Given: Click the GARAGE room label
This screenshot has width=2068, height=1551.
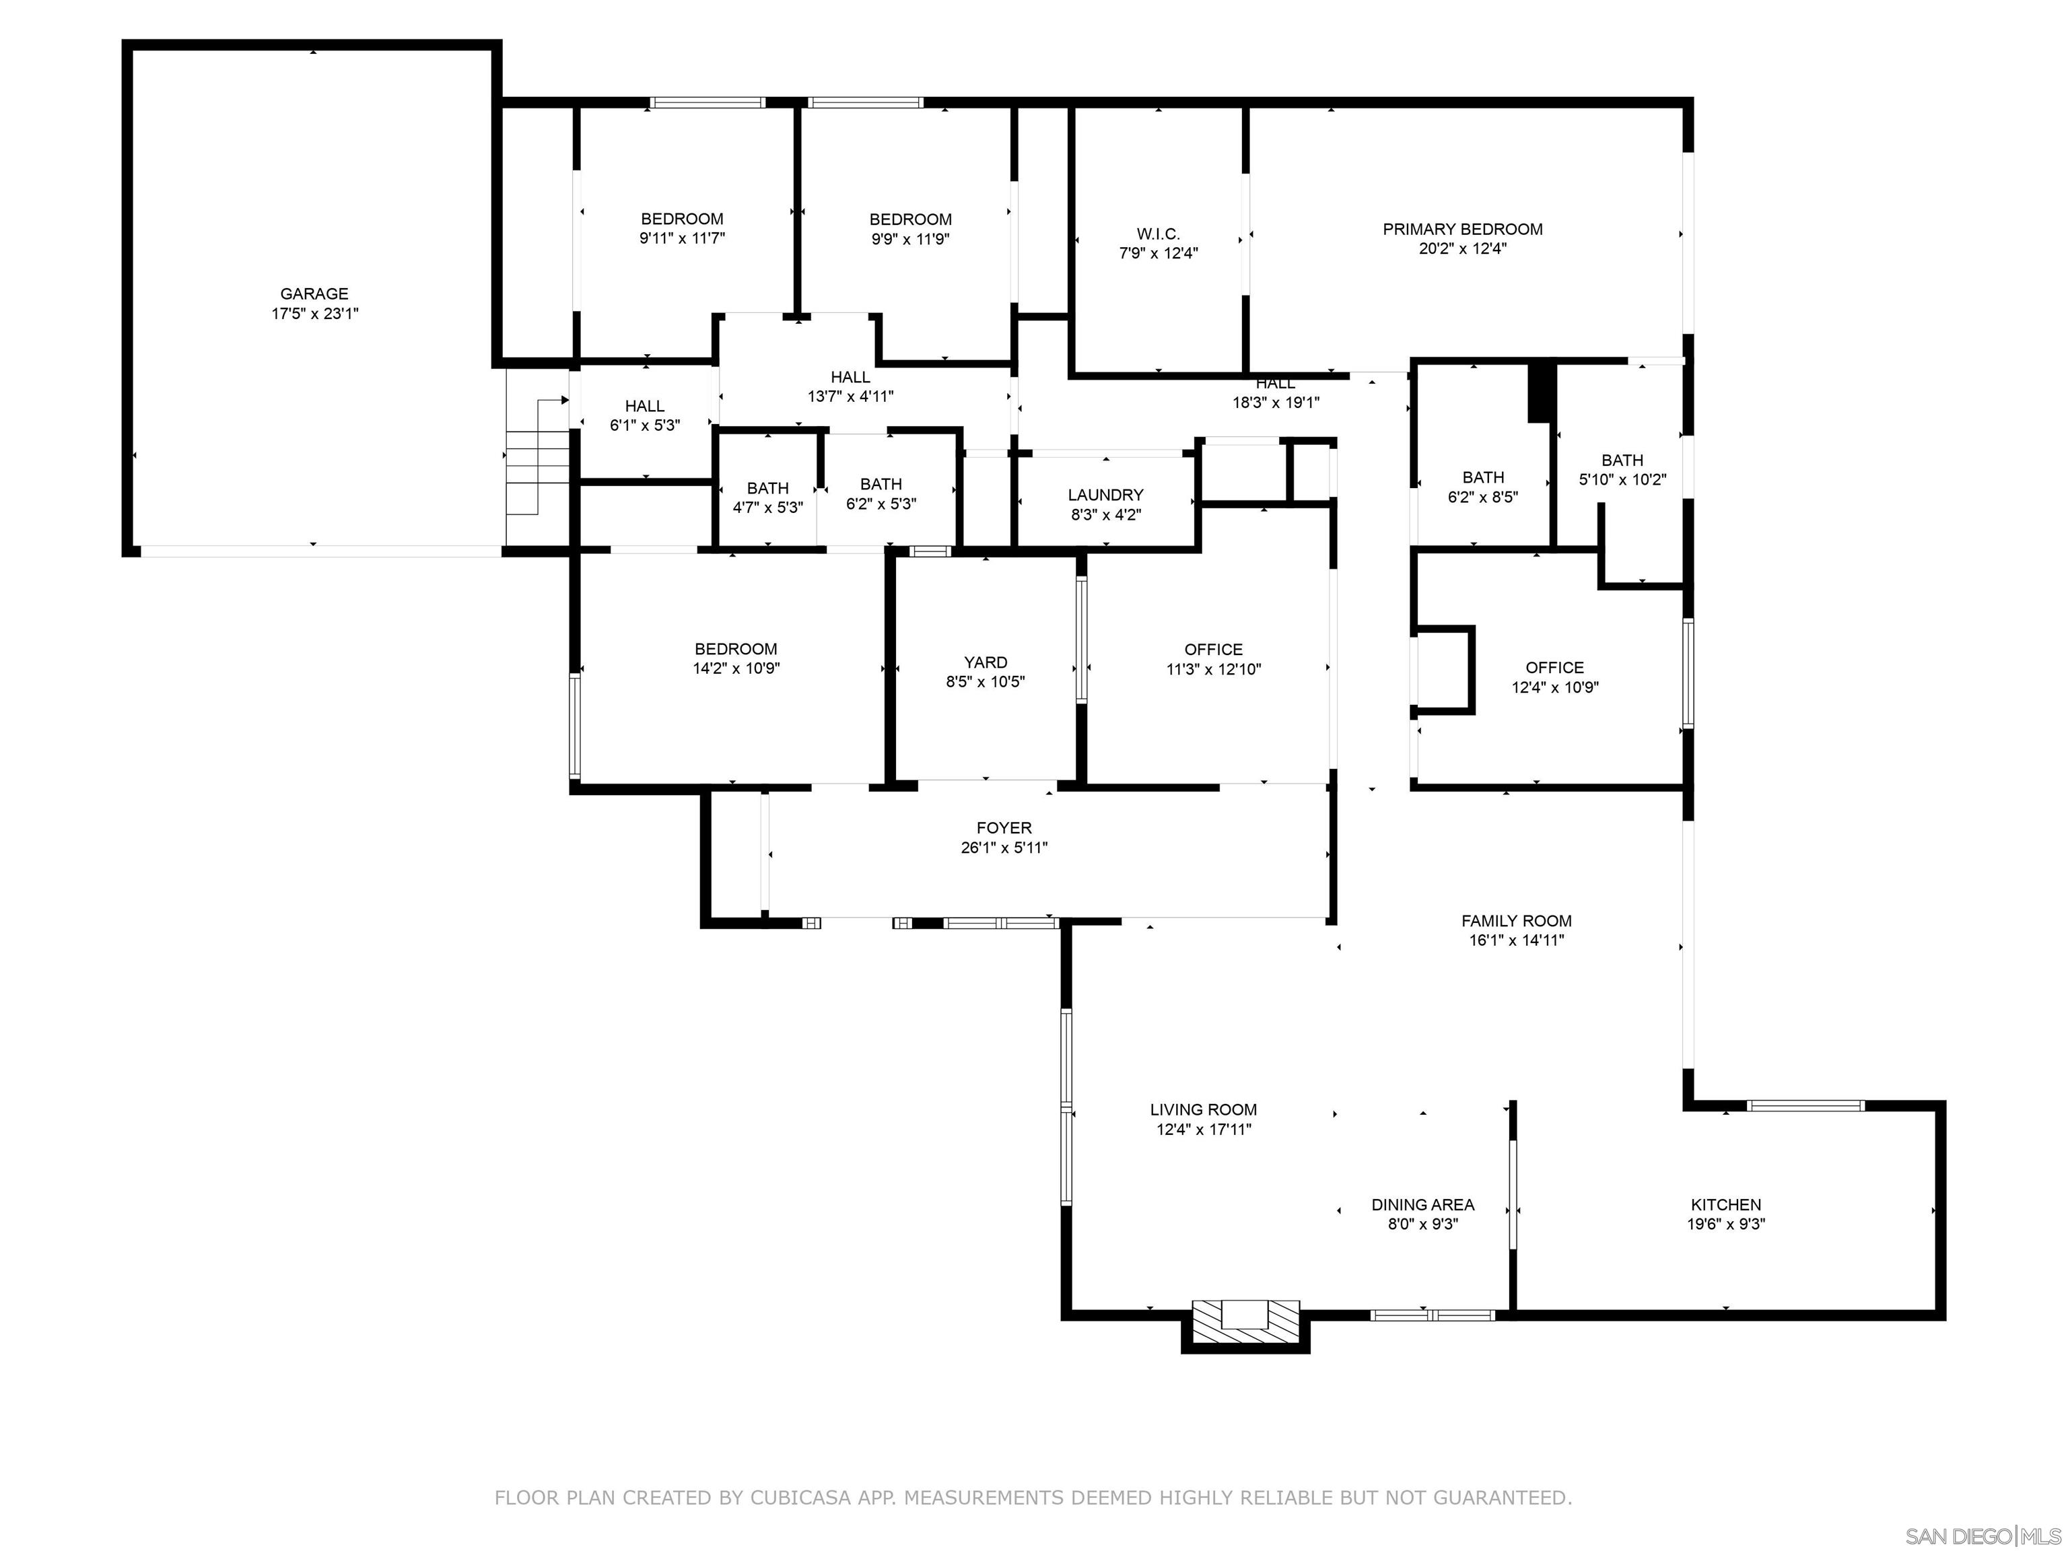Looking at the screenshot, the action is pos(314,294).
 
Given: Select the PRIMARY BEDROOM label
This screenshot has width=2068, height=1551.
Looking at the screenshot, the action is pos(1462,229).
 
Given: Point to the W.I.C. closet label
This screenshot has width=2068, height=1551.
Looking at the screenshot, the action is pos(1159,234).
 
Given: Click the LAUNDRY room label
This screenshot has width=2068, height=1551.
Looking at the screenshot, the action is pos(1106,495).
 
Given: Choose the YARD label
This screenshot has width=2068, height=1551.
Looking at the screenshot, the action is pos(986,662).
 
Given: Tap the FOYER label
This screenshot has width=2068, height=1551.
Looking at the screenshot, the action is pos(1004,827).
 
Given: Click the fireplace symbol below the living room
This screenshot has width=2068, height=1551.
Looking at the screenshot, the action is pos(1245,1321).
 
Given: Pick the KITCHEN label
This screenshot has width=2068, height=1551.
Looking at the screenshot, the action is pos(1726,1205).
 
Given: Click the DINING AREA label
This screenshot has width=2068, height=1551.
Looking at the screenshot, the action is pos(1423,1205).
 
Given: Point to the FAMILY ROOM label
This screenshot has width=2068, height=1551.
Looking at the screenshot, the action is pos(1517,921).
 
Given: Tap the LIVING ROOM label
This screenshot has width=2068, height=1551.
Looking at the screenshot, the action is pos(1203,1109).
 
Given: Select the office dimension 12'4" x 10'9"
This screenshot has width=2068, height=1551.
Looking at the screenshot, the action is pos(1555,688).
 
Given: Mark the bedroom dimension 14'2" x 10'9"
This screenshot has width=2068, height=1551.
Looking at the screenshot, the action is pos(736,669).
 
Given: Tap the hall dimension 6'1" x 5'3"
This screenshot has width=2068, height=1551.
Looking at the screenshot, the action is pos(645,425).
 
